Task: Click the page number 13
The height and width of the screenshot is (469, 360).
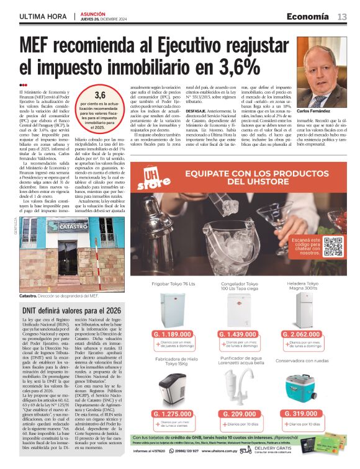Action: tap(342, 17)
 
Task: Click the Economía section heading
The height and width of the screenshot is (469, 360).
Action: tap(308, 16)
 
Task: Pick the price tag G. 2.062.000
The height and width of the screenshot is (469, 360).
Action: tap(310, 334)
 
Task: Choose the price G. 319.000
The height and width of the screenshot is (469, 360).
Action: tap(310, 414)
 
